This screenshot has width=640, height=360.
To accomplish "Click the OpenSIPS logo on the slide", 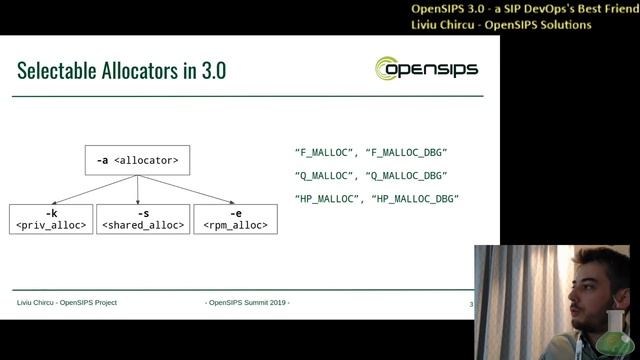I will (x=426, y=69).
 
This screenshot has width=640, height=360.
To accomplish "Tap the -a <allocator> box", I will (x=137, y=160).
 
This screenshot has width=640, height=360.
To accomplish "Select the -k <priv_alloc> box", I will (x=51, y=219).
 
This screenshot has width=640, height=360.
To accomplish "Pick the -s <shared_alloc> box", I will (x=143, y=219).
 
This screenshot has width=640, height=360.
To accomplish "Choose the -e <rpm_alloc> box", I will (x=235, y=219).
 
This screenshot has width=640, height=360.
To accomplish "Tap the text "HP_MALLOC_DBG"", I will (x=415, y=199).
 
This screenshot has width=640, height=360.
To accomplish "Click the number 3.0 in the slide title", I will (x=213, y=71).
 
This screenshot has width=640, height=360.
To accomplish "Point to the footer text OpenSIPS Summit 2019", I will (x=247, y=302).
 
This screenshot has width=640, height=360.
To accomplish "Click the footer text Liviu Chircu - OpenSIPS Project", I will (x=67, y=302).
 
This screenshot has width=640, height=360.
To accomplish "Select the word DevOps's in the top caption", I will (x=529, y=9).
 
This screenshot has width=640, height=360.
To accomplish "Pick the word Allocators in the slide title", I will (x=139, y=71).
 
